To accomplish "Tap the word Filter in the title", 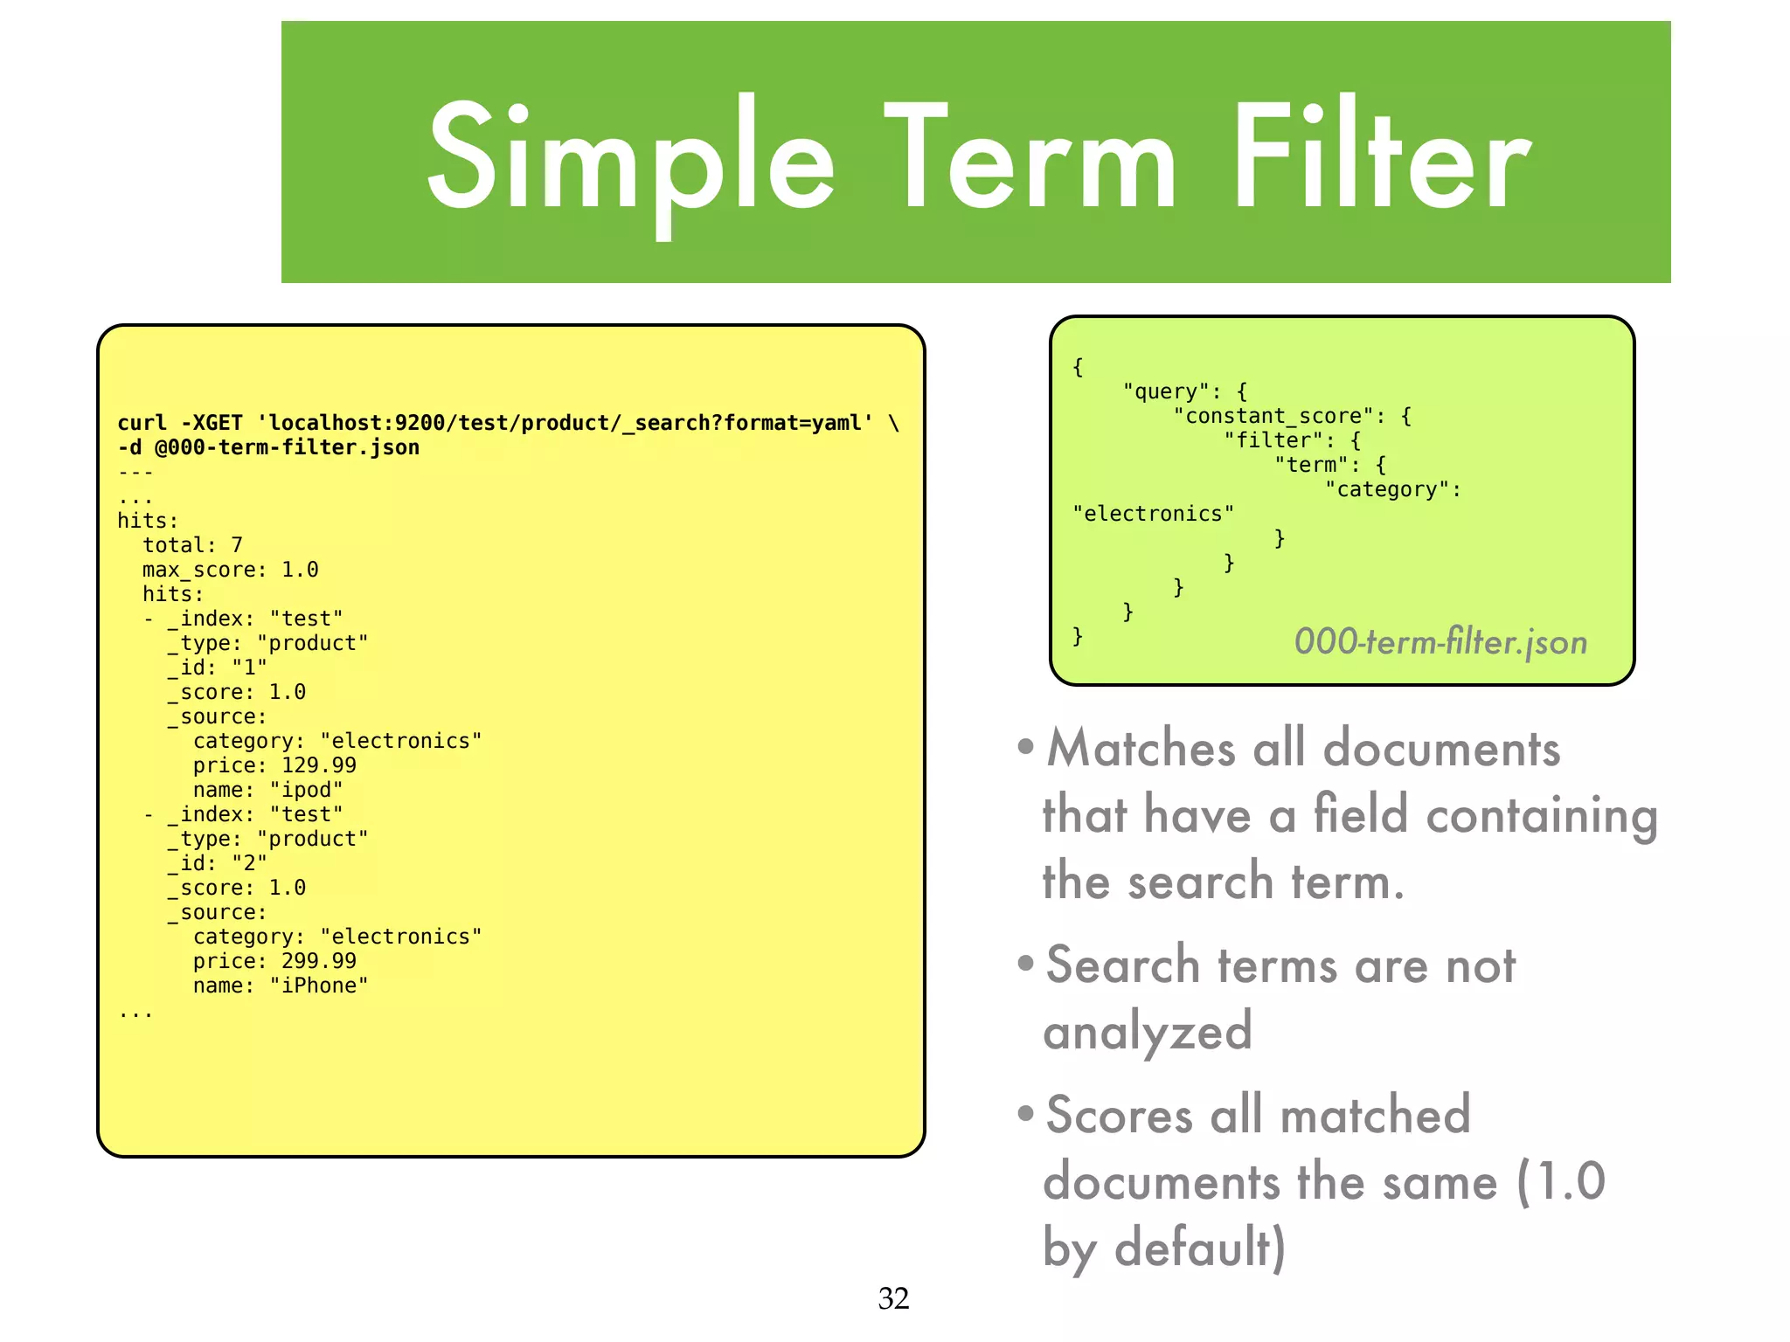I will tap(1381, 157).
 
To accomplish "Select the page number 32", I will tap(893, 1298).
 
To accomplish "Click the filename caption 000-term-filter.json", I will tap(1440, 642).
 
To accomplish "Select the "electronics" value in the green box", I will tap(1153, 514).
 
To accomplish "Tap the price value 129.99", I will tap(319, 765).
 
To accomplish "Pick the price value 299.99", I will tap(319, 961).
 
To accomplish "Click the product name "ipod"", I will tap(306, 790).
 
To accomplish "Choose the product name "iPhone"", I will tap(318, 986).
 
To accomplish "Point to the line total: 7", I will tap(192, 545).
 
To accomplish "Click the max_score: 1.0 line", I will tap(230, 570).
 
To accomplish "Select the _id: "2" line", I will tap(218, 863).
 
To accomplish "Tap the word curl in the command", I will tap(142, 423).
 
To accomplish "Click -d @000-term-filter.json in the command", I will tap(268, 447).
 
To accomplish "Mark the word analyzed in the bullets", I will tap(1148, 1031).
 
